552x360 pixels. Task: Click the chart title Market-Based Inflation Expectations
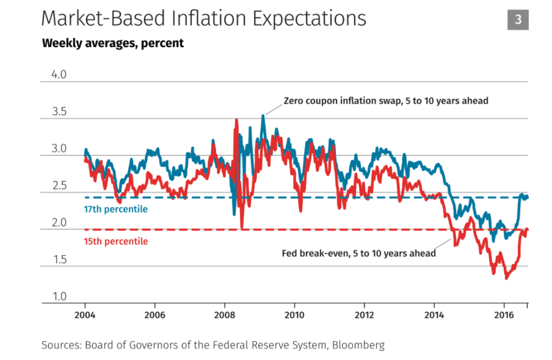click(204, 19)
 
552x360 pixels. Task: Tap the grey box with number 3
click(518, 19)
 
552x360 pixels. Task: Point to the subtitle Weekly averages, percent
click(113, 43)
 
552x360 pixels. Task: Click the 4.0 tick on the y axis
click(59, 75)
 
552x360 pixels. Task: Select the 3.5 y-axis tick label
click(59, 112)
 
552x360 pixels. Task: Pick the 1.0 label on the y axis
click(59, 297)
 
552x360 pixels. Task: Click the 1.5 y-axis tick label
click(59, 260)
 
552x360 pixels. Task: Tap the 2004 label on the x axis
click(85, 315)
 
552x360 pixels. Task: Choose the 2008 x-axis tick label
click(224, 315)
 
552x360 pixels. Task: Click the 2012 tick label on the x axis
click(365, 315)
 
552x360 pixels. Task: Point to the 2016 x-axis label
click(504, 315)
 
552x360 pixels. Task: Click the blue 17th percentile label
click(115, 209)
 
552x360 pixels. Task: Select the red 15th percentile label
click(115, 241)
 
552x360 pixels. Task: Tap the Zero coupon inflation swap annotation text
click(386, 101)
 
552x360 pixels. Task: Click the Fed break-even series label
click(359, 253)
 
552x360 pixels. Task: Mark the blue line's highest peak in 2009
click(263, 115)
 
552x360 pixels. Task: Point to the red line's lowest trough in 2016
click(506, 278)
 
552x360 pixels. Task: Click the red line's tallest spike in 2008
click(236, 120)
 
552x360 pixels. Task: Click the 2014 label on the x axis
click(434, 315)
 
